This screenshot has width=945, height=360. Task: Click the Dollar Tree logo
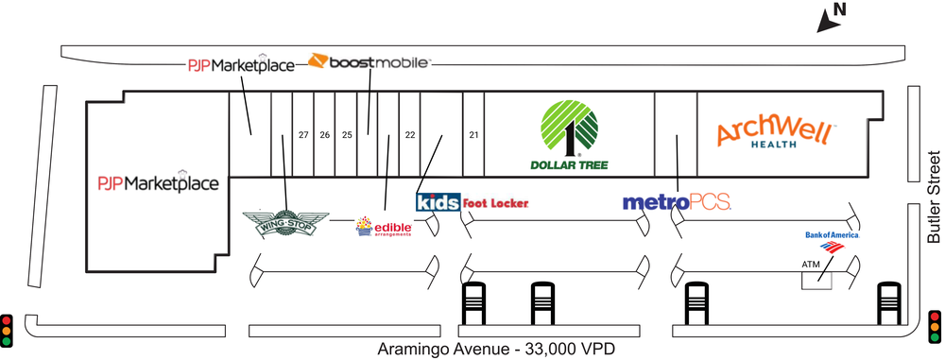tap(570, 134)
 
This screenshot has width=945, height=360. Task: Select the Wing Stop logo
tap(285, 224)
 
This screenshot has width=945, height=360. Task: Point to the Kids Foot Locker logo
tap(472, 202)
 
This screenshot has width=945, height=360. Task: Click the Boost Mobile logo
tap(369, 61)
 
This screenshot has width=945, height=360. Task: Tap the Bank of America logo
tap(833, 241)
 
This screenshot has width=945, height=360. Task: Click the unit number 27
tap(303, 135)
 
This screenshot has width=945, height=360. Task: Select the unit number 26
tap(325, 135)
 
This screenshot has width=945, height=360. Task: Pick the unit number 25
tap(347, 135)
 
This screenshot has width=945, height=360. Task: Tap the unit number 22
tap(410, 135)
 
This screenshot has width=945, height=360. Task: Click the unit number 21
tap(473, 135)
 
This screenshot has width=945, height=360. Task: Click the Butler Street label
tap(934, 197)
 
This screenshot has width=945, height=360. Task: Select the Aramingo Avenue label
tap(497, 350)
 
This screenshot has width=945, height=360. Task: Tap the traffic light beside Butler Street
tap(935, 327)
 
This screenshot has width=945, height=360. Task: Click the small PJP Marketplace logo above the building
tap(242, 64)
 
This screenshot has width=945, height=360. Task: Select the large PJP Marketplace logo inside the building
tap(159, 182)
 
